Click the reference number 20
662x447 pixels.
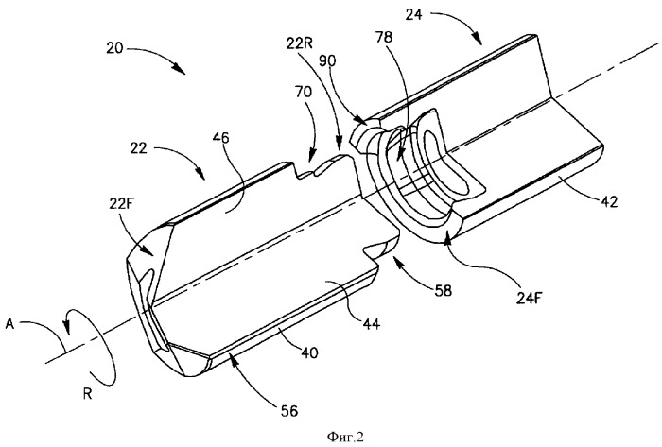pyautogui.click(x=114, y=47)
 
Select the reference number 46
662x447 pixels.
pyautogui.click(x=221, y=138)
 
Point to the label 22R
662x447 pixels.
pyautogui.click(x=299, y=43)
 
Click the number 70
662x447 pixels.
pyautogui.click(x=304, y=92)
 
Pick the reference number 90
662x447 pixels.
pyautogui.click(x=327, y=61)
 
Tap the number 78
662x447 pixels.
pyautogui.click(x=383, y=38)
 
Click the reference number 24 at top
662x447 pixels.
pyautogui.click(x=414, y=15)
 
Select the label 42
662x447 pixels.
pyautogui.click(x=609, y=201)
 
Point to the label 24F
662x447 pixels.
pyautogui.click(x=529, y=298)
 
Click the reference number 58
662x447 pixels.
pyautogui.click(x=443, y=290)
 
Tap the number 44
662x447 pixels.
pyautogui.click(x=371, y=323)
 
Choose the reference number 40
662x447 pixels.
pyautogui.click(x=310, y=352)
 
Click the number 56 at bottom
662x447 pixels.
pyautogui.click(x=289, y=410)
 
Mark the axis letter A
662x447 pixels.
pyautogui.click(x=10, y=325)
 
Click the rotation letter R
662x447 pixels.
pyautogui.click(x=88, y=395)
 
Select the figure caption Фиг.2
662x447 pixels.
pyautogui.click(x=345, y=438)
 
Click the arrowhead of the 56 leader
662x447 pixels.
pyautogui.click(x=231, y=357)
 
